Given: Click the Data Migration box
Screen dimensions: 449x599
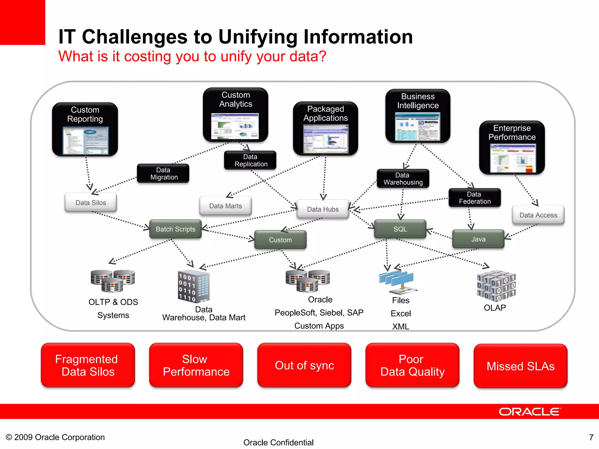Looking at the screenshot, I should coord(163,173).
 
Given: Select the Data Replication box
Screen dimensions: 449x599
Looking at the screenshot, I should coord(250,160).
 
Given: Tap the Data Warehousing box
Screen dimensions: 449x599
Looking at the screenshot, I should coord(403,179).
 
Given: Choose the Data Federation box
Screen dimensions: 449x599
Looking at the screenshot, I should coord(474,198).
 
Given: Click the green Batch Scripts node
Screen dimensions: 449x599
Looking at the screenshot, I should coord(175,229).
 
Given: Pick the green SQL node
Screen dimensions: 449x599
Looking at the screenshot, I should coord(400,229).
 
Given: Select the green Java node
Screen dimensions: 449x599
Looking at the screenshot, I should coord(478,239).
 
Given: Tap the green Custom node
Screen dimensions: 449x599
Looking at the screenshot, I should coord(280,240).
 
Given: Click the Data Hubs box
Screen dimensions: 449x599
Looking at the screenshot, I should coord(323,209).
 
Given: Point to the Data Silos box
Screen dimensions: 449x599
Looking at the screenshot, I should coord(91,203).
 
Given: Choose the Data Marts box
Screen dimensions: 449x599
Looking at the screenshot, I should coord(225,206).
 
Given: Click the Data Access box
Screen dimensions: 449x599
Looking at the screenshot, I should coord(538,215).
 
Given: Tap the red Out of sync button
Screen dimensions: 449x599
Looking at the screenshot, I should coord(304,365).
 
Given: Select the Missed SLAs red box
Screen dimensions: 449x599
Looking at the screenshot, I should coord(520,366).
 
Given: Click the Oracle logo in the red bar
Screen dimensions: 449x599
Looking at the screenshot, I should coord(529,412).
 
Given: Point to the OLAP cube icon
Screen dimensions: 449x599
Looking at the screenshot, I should coord(496,286).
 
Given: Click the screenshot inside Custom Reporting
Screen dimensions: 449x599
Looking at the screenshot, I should coord(85,141).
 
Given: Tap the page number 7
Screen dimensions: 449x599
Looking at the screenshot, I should coord(591,437).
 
